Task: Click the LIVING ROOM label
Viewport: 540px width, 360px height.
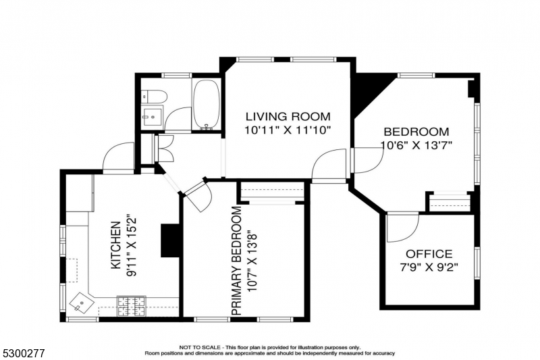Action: coord(288,116)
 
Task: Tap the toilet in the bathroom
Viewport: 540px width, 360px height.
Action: coord(155,96)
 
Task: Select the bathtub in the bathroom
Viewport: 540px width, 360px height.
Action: coord(207,105)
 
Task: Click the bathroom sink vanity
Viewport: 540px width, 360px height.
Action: coord(153,118)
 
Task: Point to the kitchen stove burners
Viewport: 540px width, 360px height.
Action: coord(131,306)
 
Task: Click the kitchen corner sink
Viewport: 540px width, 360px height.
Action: coord(82,303)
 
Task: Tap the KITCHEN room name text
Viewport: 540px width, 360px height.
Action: coord(115,245)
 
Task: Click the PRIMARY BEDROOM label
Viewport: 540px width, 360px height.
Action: coord(237,261)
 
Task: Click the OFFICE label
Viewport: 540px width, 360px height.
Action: coord(429,254)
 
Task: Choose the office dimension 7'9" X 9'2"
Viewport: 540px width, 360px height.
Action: coord(429,267)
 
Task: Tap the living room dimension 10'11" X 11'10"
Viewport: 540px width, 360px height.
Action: coord(288,130)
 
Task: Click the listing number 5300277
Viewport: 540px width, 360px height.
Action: coord(23,353)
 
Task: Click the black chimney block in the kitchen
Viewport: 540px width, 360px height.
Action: coord(170,241)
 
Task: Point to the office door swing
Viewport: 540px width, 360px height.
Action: coord(402,228)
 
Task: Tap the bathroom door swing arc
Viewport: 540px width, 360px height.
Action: coord(178,119)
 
